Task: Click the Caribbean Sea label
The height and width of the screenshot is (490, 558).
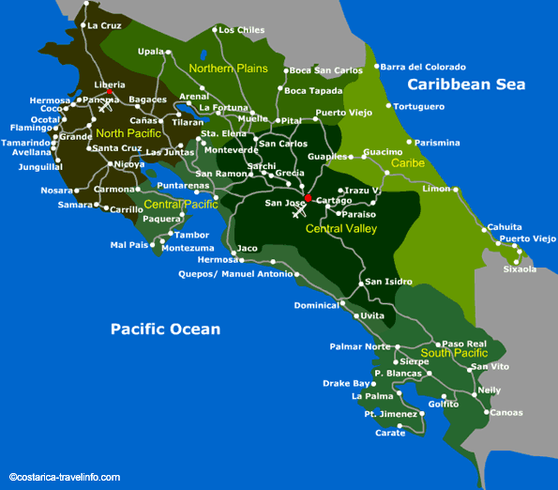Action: click(x=465, y=84)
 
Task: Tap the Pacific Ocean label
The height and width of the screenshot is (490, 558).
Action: click(x=165, y=329)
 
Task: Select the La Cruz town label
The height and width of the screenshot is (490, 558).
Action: click(x=105, y=25)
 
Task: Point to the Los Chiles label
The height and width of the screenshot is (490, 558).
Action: click(x=241, y=30)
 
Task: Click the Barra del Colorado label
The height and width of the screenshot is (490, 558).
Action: click(x=423, y=67)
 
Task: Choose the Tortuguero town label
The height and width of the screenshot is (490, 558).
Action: click(x=418, y=106)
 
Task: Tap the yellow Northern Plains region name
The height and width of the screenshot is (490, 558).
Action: click(x=228, y=69)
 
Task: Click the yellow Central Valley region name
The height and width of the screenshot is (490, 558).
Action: click(x=341, y=227)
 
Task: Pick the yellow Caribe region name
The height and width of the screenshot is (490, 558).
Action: click(x=408, y=163)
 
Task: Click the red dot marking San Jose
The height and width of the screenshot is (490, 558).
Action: click(x=307, y=198)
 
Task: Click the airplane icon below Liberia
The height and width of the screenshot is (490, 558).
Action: click(x=105, y=107)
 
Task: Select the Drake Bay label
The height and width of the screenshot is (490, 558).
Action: click(x=347, y=383)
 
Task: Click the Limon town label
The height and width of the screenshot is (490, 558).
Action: click(x=437, y=189)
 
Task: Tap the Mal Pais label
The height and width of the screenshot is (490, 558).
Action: click(x=129, y=245)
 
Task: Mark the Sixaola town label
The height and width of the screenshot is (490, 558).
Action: click(x=520, y=269)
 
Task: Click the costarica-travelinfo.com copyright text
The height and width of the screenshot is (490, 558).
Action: click(x=65, y=477)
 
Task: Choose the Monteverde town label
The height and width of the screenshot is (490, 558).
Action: click(x=231, y=150)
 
